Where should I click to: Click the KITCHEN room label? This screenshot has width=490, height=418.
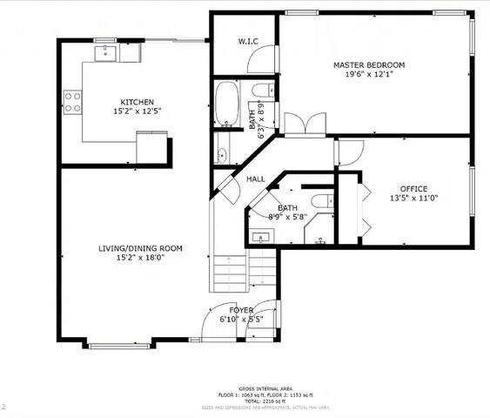coord(138,101)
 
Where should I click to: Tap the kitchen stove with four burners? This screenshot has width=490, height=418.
coord(71,103)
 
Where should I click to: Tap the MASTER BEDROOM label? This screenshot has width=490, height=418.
coord(369,65)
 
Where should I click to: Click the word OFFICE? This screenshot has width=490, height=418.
coord(413,189)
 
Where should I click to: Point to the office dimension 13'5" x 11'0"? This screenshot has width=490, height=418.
coord(413,199)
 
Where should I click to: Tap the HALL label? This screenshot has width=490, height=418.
coord(256,179)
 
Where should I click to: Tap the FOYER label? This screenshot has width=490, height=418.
coord(241,310)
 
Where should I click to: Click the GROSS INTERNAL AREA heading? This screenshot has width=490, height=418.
coord(265,388)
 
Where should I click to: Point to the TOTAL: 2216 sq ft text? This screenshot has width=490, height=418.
coord(265,401)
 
